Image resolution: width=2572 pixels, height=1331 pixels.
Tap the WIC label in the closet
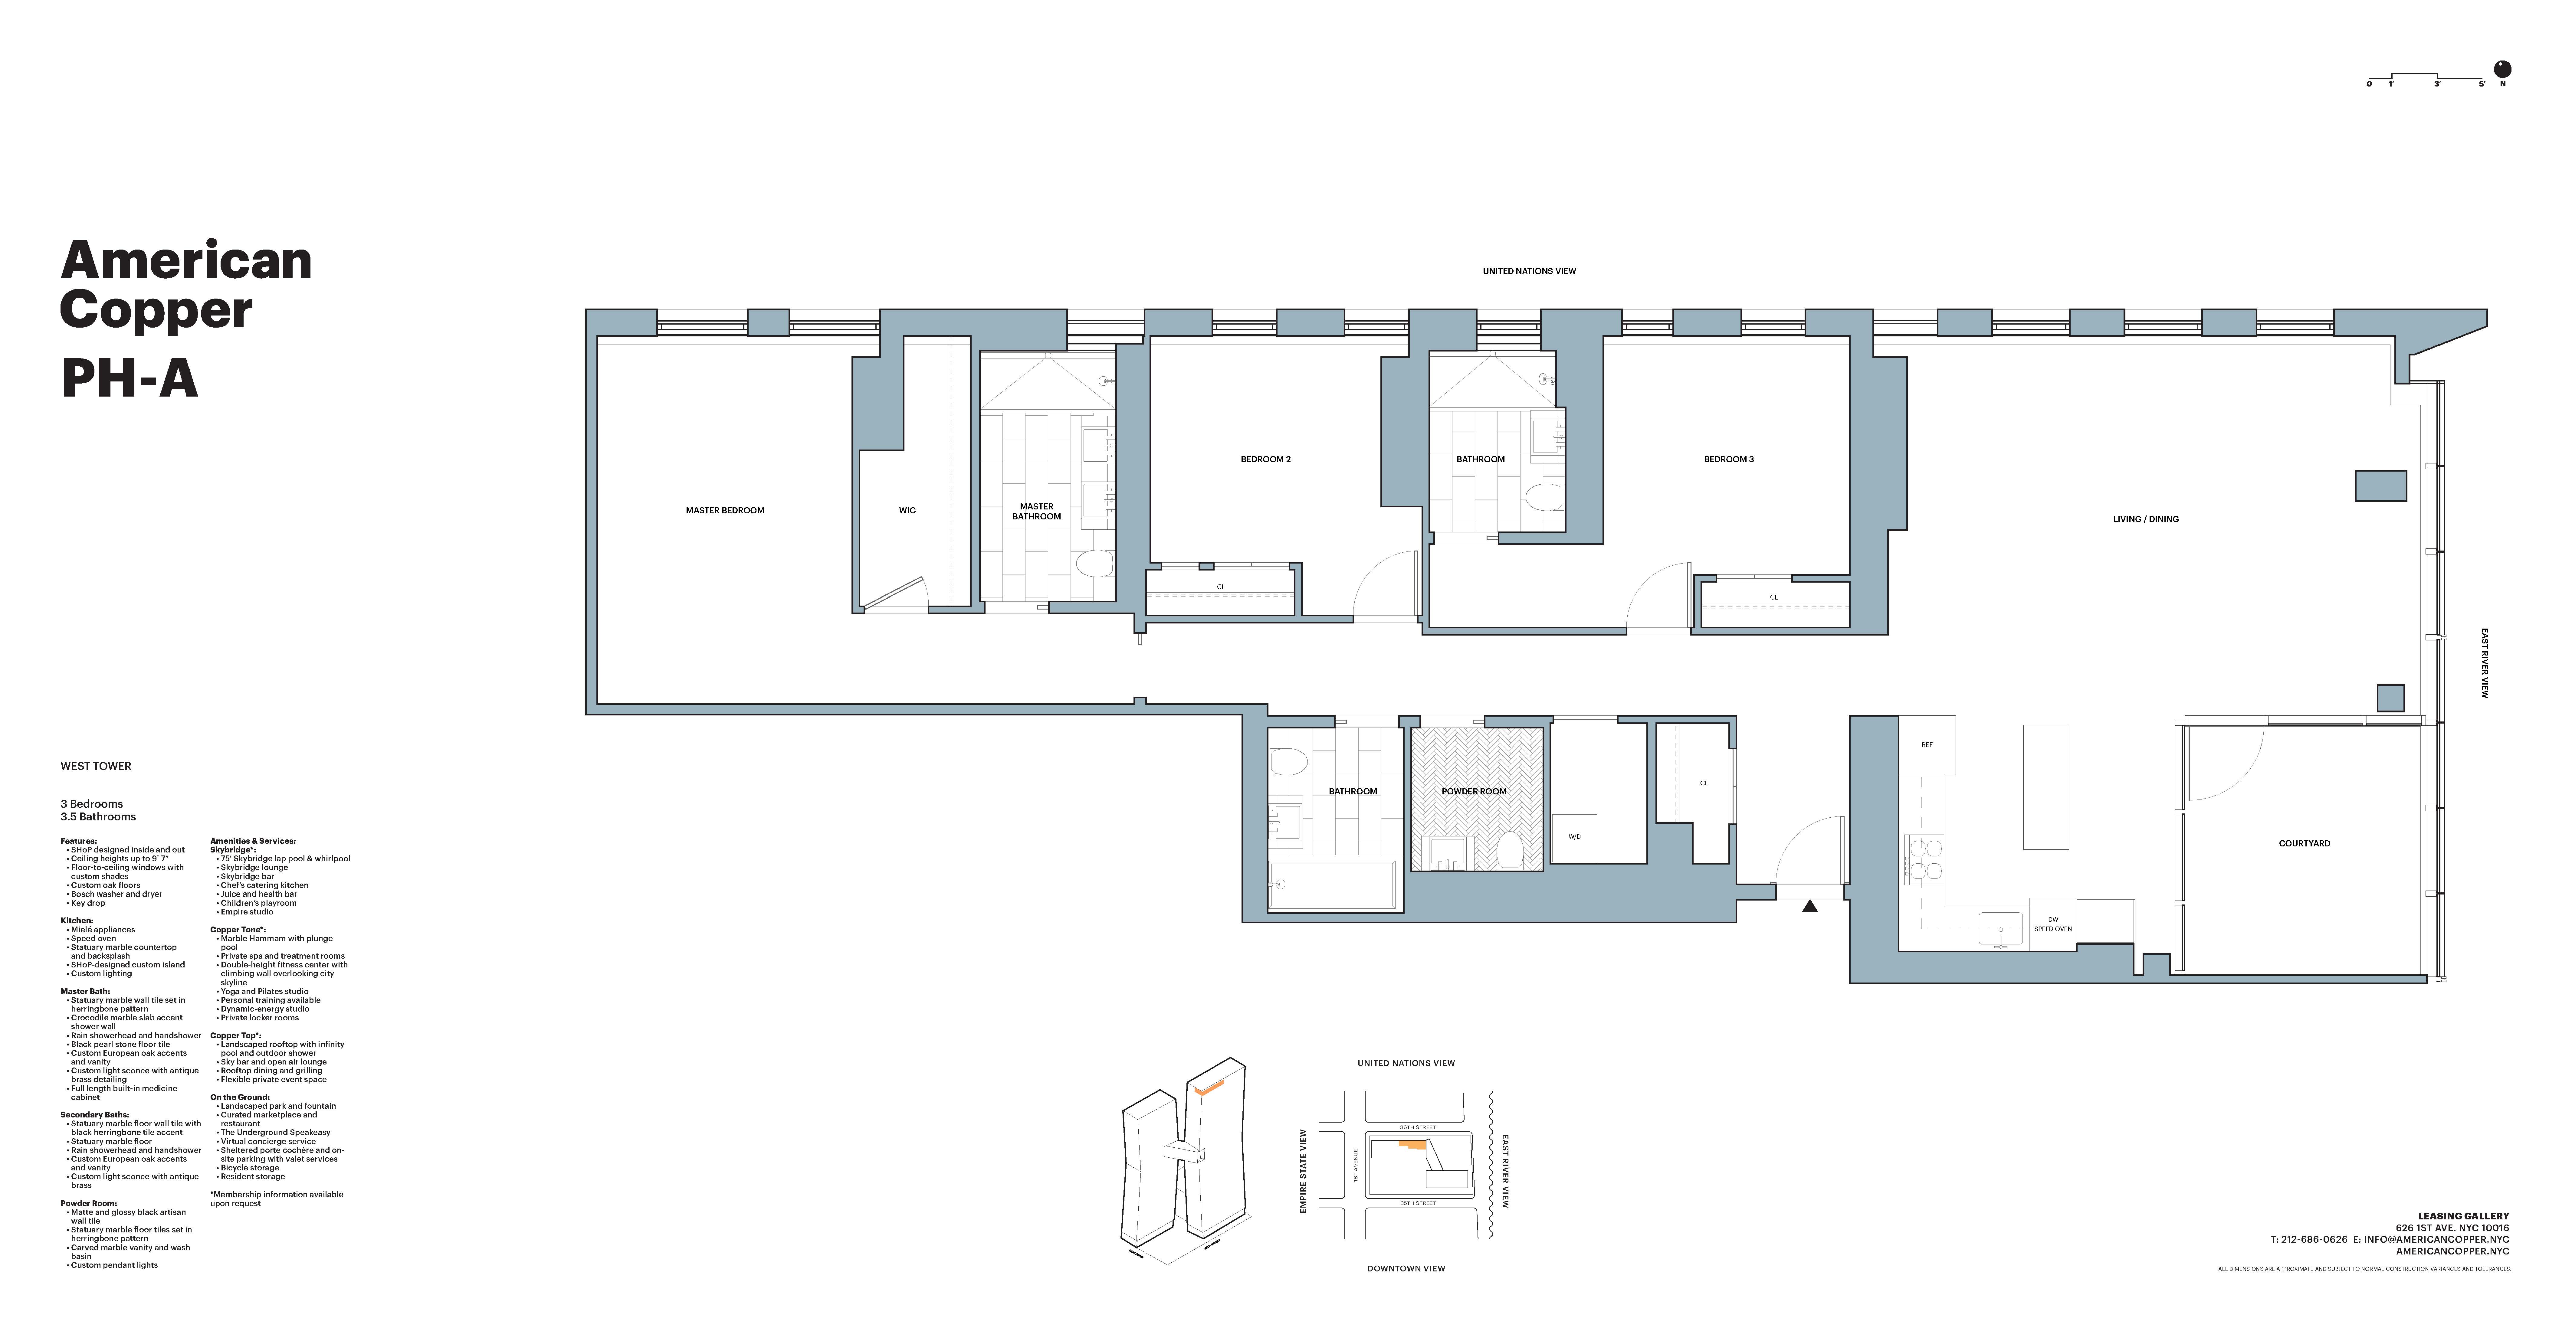[x=907, y=510]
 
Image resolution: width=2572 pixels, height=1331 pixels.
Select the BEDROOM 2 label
[x=1265, y=459]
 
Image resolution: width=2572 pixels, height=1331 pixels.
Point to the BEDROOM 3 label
[x=1728, y=459]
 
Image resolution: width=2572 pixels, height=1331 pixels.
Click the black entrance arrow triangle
[x=1809, y=907]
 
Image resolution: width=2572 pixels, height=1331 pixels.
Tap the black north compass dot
[x=2502, y=69]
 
